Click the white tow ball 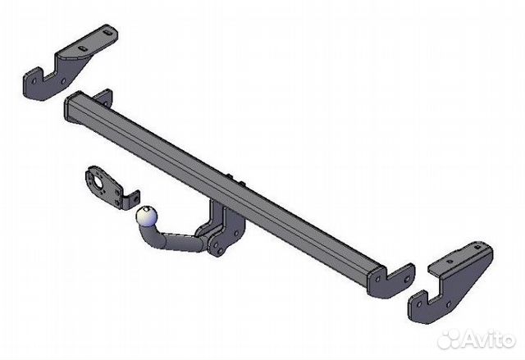click(x=146, y=216)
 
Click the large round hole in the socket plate click(x=99, y=182)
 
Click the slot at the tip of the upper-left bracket click(x=107, y=33)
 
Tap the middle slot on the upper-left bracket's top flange click(x=82, y=48)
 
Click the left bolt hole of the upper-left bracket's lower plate click(x=34, y=80)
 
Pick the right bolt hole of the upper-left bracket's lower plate click(x=63, y=81)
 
